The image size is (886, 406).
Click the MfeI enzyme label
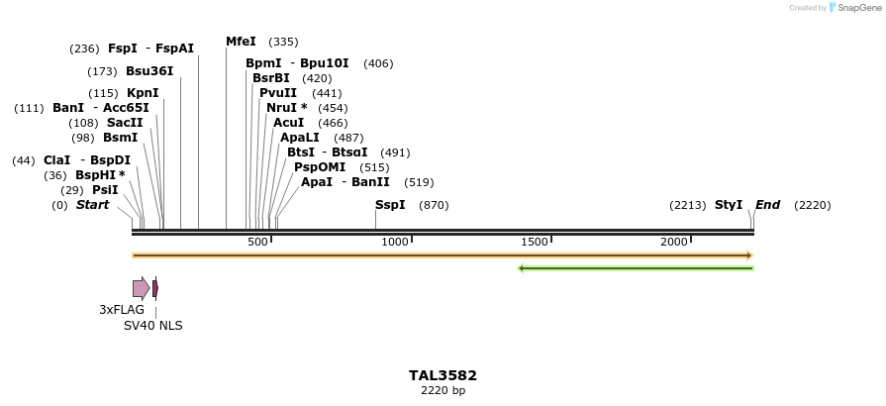point(241,42)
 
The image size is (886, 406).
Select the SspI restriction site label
point(390,205)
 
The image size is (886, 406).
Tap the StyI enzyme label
point(729,205)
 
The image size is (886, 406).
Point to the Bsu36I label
point(149,71)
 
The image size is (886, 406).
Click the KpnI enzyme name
point(143,93)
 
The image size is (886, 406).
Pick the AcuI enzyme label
point(289,123)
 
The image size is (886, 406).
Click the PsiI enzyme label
point(105,190)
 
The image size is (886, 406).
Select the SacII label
point(125,123)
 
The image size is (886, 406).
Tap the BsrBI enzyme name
point(271,78)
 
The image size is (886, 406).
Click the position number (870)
point(435,205)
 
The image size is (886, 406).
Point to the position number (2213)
point(687,205)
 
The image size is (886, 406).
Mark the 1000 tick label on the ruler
point(395,243)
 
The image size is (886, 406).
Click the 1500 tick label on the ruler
point(535,243)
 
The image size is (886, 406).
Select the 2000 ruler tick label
point(674,243)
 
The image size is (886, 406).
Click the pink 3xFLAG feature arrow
point(142,288)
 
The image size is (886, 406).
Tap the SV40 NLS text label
point(152,326)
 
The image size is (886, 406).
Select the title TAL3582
point(443,376)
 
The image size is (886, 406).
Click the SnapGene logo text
point(858,8)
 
